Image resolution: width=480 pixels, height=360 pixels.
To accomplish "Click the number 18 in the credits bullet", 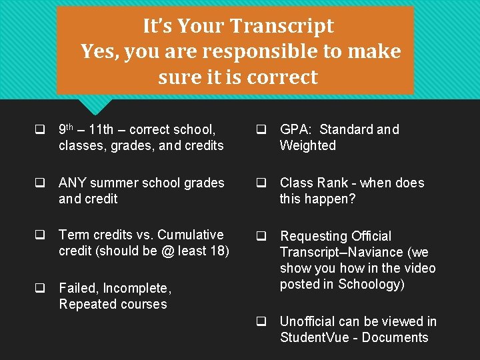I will tap(220, 251).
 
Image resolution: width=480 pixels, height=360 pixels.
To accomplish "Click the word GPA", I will tap(294, 129).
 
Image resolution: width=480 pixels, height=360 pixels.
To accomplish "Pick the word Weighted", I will tap(307, 145).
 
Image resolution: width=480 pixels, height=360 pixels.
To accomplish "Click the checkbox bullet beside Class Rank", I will tap(262, 183).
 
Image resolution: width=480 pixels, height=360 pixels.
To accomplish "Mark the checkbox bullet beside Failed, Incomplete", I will tap(40, 289).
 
